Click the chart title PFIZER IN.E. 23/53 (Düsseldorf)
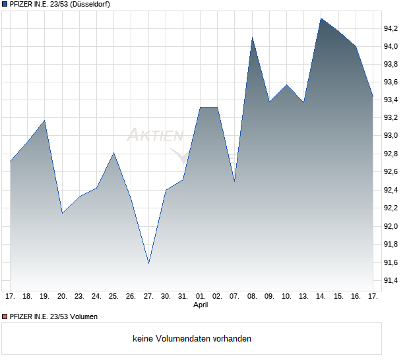coord(60,4)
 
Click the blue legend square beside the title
coord(5,4)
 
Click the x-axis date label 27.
coord(148,296)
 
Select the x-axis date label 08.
coord(252,296)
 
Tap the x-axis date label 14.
coord(321,296)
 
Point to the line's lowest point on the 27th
coord(148,263)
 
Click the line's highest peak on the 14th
coord(321,18)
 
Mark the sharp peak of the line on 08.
coord(252,38)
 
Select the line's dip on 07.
coord(234,181)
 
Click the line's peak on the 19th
coord(45,120)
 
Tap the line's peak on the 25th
coord(114,153)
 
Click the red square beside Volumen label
coord(5,316)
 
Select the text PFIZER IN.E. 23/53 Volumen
coord(53,316)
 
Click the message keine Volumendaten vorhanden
coord(192,339)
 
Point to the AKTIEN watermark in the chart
coord(154,136)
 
